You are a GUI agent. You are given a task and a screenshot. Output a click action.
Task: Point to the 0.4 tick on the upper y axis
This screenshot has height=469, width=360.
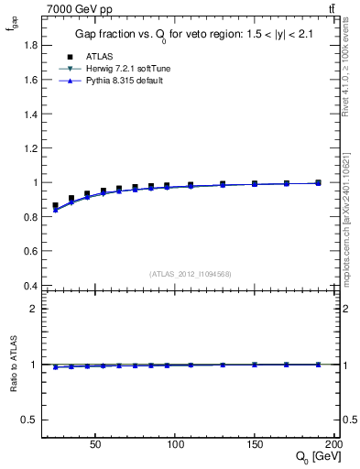click(30, 285)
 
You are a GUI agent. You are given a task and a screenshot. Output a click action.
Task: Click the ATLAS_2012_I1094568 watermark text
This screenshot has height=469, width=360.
click(190, 273)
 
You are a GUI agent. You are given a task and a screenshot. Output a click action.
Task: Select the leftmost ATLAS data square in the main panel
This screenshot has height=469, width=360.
click(56, 206)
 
